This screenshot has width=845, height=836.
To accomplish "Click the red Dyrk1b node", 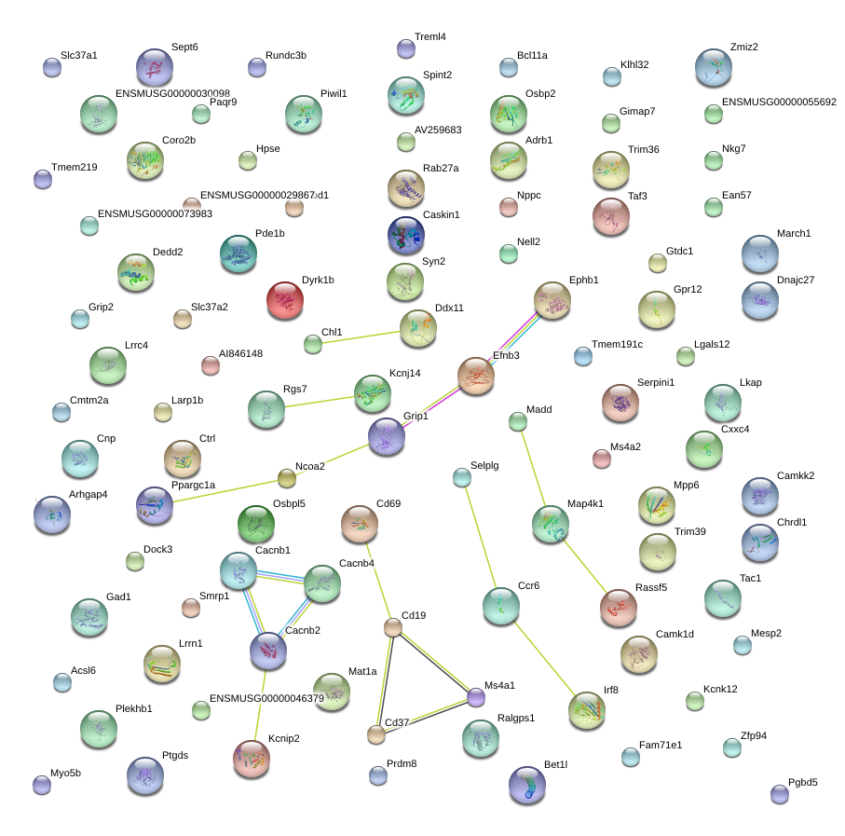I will coord(284,300).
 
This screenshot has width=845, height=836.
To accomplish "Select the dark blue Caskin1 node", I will coord(405,235).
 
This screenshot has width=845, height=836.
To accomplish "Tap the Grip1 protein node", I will coord(387,437).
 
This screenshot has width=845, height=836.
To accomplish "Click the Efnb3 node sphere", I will coord(476,375).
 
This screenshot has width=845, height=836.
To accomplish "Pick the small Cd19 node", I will coord(393,627).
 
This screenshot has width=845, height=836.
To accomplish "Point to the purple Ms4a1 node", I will coord(476,696).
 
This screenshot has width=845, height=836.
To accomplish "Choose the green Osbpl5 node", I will coord(255,525).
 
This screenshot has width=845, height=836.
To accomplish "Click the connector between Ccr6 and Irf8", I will coord(544,659).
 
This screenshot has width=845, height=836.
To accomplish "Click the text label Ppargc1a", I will coord(193,485).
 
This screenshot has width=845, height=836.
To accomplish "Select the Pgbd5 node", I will coord(780,794).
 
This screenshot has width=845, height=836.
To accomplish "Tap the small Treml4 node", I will coord(405,48).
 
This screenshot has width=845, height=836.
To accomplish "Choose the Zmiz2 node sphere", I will coord(713,67).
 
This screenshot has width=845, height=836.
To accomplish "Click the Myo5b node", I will coord(42,785).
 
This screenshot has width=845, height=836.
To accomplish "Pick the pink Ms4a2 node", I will coord(602,459).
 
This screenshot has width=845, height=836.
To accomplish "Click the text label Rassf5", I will coord(651,587).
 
